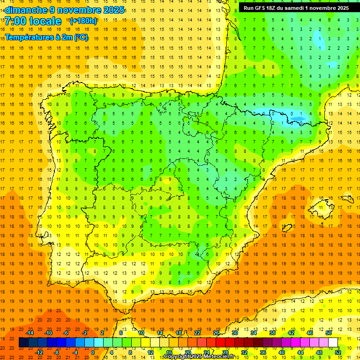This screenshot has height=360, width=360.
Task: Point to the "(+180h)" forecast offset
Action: pos(83,21)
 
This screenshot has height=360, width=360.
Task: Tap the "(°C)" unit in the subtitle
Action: pos(80,37)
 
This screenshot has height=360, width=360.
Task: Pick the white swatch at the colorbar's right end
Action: pos(333,343)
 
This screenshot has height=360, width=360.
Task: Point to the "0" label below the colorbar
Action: pos(93,352)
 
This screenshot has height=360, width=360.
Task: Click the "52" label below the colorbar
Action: pos(338,352)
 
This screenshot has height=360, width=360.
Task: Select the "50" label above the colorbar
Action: pos(329,333)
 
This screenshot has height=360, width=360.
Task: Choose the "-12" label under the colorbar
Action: pos(39,352)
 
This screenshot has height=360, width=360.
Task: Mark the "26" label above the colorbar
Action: pos(216,333)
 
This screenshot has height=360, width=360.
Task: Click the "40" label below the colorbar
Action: pos(282,352)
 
